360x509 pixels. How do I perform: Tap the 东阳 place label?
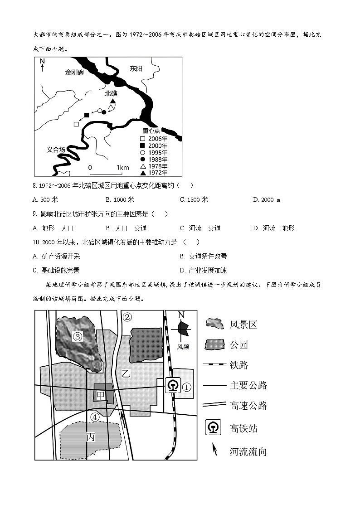coord(136,69)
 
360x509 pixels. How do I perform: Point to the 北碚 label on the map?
coord(111,93)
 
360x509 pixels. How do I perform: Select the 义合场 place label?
coord(56,150)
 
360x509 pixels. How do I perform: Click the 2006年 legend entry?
coord(154,138)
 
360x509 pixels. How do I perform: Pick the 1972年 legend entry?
coord(154,173)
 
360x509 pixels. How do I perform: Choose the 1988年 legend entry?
coord(154,159)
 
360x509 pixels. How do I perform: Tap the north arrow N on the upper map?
coord(42,63)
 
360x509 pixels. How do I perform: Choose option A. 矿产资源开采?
coord(54,256)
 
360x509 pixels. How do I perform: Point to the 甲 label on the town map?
coord(101,394)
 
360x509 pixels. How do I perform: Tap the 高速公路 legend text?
coord(248,406)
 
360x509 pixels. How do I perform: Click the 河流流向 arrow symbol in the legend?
coord(215,450)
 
